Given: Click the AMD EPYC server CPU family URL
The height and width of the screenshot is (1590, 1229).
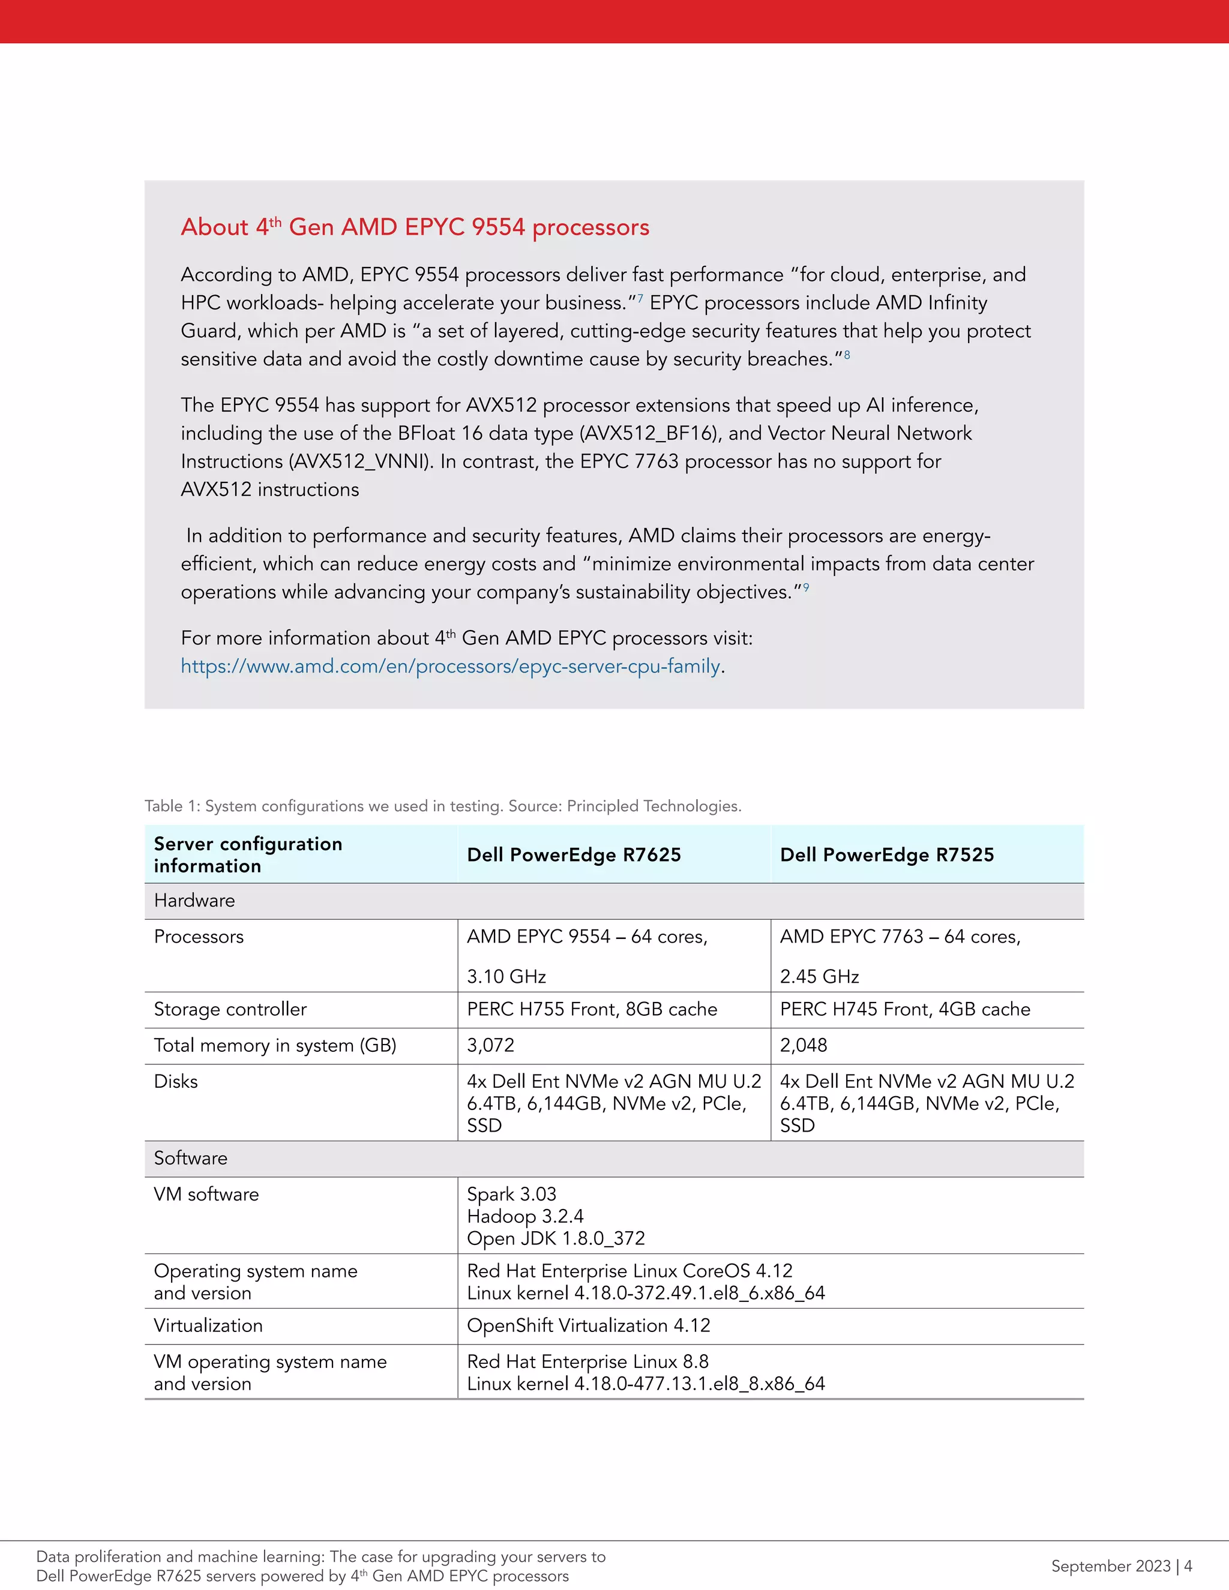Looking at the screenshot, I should [x=450, y=666].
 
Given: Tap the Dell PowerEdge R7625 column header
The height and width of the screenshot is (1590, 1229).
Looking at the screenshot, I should [x=574, y=854].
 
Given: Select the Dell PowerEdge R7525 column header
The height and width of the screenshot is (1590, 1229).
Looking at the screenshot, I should [x=886, y=854].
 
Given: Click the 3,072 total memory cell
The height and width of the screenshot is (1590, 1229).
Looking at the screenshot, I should [x=491, y=1045].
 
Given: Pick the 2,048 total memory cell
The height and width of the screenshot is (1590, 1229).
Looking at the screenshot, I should [x=803, y=1045].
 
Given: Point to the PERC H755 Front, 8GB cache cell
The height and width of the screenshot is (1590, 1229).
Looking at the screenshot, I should [x=591, y=1009].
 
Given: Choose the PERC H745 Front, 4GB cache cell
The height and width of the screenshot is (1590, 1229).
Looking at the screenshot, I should [x=904, y=1009].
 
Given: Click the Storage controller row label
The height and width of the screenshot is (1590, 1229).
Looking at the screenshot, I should [x=230, y=1009].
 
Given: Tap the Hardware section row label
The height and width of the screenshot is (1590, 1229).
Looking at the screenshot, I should [x=194, y=901].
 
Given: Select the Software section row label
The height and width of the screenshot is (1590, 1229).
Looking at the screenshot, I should [x=191, y=1158].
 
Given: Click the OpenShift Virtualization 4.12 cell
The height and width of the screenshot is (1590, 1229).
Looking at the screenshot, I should [x=588, y=1326].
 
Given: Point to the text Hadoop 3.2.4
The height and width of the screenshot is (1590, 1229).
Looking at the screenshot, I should [x=525, y=1217].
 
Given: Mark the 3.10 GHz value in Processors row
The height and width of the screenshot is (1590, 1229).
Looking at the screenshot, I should [x=506, y=976].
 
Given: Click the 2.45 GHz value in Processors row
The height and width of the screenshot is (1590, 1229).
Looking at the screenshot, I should [x=819, y=976].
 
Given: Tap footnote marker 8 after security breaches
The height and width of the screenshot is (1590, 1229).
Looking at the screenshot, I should [x=847, y=355].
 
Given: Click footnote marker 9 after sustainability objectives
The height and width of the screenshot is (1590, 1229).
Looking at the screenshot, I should [x=805, y=587].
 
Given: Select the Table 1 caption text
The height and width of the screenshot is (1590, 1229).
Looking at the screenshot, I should [x=443, y=806].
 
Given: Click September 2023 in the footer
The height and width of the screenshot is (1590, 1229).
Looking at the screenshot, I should [x=1110, y=1566].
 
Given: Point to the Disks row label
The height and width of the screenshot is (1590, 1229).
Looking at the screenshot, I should [x=175, y=1082].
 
